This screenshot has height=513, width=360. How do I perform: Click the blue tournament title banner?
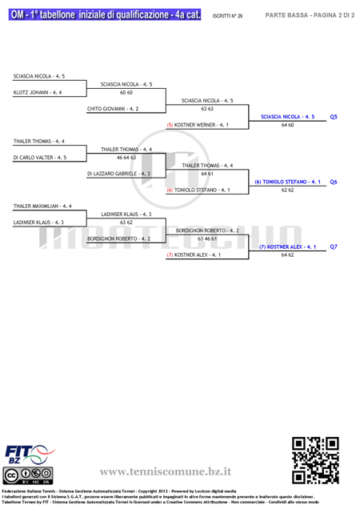[105, 14]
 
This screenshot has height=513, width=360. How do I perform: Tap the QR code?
[315, 460]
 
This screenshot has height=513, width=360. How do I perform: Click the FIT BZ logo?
[30, 455]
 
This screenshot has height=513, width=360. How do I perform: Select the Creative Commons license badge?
[28, 475]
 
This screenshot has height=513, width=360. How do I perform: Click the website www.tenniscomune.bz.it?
[166, 471]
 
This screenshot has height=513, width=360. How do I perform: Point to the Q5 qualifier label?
[334, 117]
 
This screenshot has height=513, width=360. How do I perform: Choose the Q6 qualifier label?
[334, 182]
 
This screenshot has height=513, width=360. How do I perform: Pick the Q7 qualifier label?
[334, 246]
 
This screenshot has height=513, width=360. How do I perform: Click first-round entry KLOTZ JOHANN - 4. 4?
[38, 93]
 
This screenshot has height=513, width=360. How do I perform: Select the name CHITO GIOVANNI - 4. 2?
[113, 109]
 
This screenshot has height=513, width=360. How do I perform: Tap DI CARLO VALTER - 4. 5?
[40, 158]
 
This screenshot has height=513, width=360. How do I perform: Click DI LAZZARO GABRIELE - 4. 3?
[118, 174]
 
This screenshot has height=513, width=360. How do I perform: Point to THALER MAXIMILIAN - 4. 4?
[42, 206]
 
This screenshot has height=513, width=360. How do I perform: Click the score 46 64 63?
[126, 158]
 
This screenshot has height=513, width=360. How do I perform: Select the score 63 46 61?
[207, 238]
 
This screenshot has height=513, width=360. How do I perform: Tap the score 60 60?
[126, 93]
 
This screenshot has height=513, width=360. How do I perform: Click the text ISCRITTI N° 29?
[227, 16]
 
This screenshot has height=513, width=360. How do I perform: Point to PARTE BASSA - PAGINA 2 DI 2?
[310, 15]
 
